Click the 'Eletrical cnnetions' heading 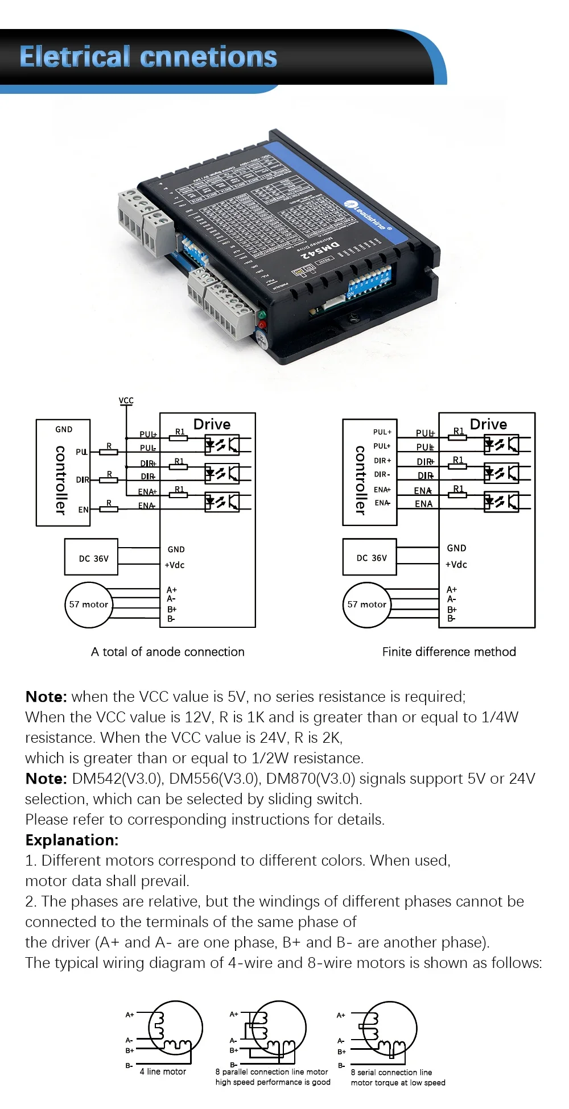(x=148, y=57)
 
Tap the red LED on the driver (x=262, y=325)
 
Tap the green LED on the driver (x=261, y=315)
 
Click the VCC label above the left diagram (x=126, y=400)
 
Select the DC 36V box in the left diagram (x=91, y=557)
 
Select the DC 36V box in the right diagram (x=370, y=557)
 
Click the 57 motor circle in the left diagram (x=88, y=605)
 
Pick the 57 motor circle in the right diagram (x=367, y=605)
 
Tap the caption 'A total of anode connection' (x=168, y=652)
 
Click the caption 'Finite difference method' (x=449, y=652)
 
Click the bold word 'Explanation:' (x=72, y=840)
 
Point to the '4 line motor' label (x=163, y=1071)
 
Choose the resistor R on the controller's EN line (x=109, y=508)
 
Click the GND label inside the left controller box (x=64, y=429)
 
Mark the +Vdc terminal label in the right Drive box (x=456, y=565)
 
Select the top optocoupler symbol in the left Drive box (x=222, y=445)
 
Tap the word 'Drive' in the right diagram (x=488, y=424)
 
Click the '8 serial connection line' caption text (x=391, y=1072)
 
